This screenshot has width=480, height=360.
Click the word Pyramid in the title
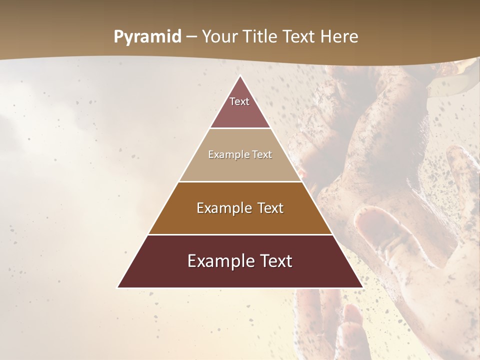click(147, 37)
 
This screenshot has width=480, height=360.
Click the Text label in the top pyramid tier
click(239, 101)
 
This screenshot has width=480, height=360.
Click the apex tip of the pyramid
click(240, 76)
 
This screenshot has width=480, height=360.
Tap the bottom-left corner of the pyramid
click(118, 287)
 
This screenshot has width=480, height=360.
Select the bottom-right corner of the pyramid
click(363, 287)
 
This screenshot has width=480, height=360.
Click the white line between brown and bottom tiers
click(240, 234)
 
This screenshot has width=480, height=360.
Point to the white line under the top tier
click(240, 128)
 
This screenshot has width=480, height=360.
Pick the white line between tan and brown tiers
click(240, 181)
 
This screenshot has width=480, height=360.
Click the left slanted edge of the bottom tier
click(133, 261)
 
